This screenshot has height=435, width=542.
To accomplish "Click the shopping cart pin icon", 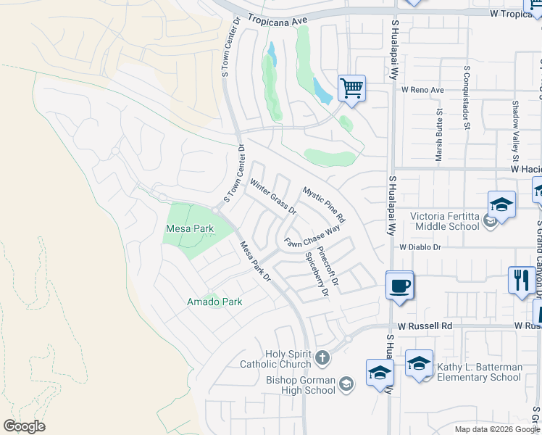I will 351,88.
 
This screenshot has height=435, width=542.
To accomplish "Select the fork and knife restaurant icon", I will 521,280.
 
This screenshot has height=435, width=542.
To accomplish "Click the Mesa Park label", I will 190,228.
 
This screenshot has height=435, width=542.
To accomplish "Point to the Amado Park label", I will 214,301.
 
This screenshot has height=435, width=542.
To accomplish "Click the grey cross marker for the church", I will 322,359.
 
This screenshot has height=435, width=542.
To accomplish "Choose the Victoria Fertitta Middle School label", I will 445,220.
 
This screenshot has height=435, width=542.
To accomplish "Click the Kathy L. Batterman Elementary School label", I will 479,372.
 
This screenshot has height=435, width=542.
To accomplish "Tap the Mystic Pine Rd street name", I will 324,205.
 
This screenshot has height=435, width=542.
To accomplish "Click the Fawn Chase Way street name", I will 312,237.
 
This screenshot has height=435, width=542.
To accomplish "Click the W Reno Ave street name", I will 422,91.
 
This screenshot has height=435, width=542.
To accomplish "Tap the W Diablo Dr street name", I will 420,246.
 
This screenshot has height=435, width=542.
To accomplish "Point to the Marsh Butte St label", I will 439,134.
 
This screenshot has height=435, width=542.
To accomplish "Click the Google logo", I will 24,426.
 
